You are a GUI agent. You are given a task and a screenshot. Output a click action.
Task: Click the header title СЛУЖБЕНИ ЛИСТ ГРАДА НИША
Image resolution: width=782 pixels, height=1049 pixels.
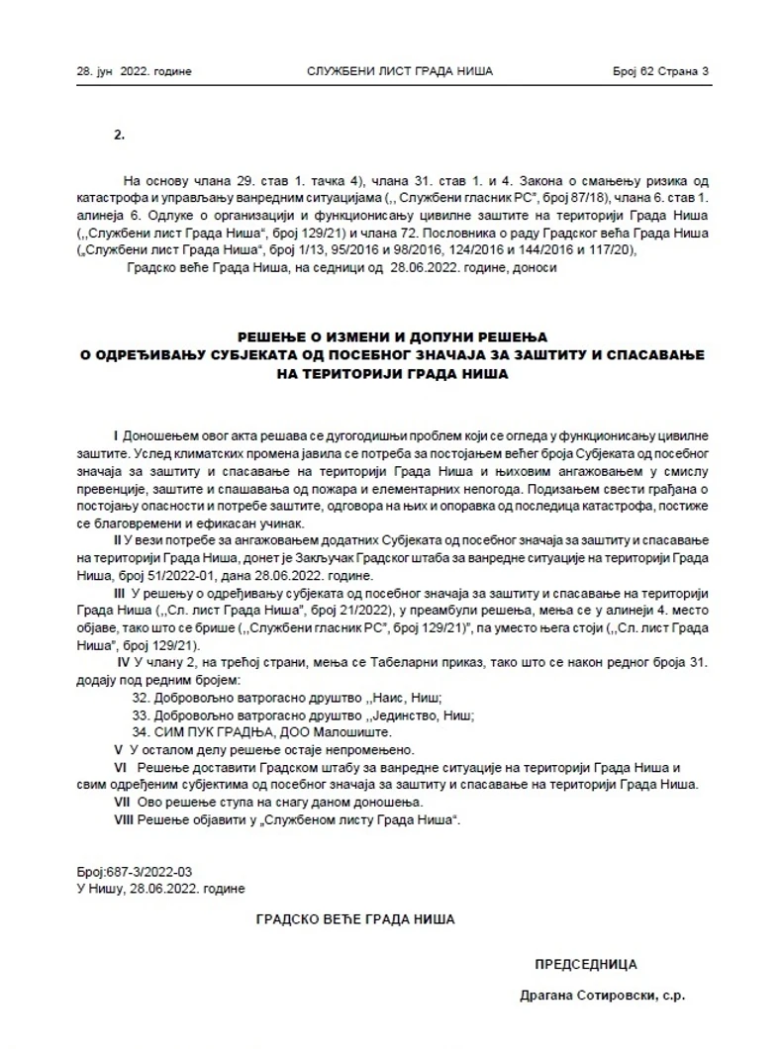[x=400, y=72]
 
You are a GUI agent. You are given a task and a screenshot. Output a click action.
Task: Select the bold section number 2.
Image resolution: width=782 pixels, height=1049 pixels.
[x=119, y=135]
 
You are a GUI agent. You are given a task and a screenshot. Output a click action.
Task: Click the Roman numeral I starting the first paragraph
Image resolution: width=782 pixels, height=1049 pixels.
[x=117, y=436]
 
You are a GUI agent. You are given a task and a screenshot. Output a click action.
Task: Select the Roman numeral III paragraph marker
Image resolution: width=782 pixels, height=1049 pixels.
[x=122, y=591]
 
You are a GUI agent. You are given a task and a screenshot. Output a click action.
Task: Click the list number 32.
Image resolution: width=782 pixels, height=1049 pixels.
[x=141, y=698]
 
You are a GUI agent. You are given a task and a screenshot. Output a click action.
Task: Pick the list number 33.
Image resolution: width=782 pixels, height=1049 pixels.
[x=141, y=715]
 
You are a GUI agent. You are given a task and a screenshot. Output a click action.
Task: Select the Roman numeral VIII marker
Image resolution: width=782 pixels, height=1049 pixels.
[x=125, y=820]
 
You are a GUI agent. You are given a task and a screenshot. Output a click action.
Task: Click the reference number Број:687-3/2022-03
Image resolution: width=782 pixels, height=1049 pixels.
[x=134, y=874]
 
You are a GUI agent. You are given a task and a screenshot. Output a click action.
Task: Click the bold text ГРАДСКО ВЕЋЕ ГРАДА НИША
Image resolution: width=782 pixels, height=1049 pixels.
[x=355, y=919]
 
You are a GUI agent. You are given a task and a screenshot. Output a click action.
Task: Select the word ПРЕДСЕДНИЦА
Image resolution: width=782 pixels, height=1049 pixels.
[x=586, y=964]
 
